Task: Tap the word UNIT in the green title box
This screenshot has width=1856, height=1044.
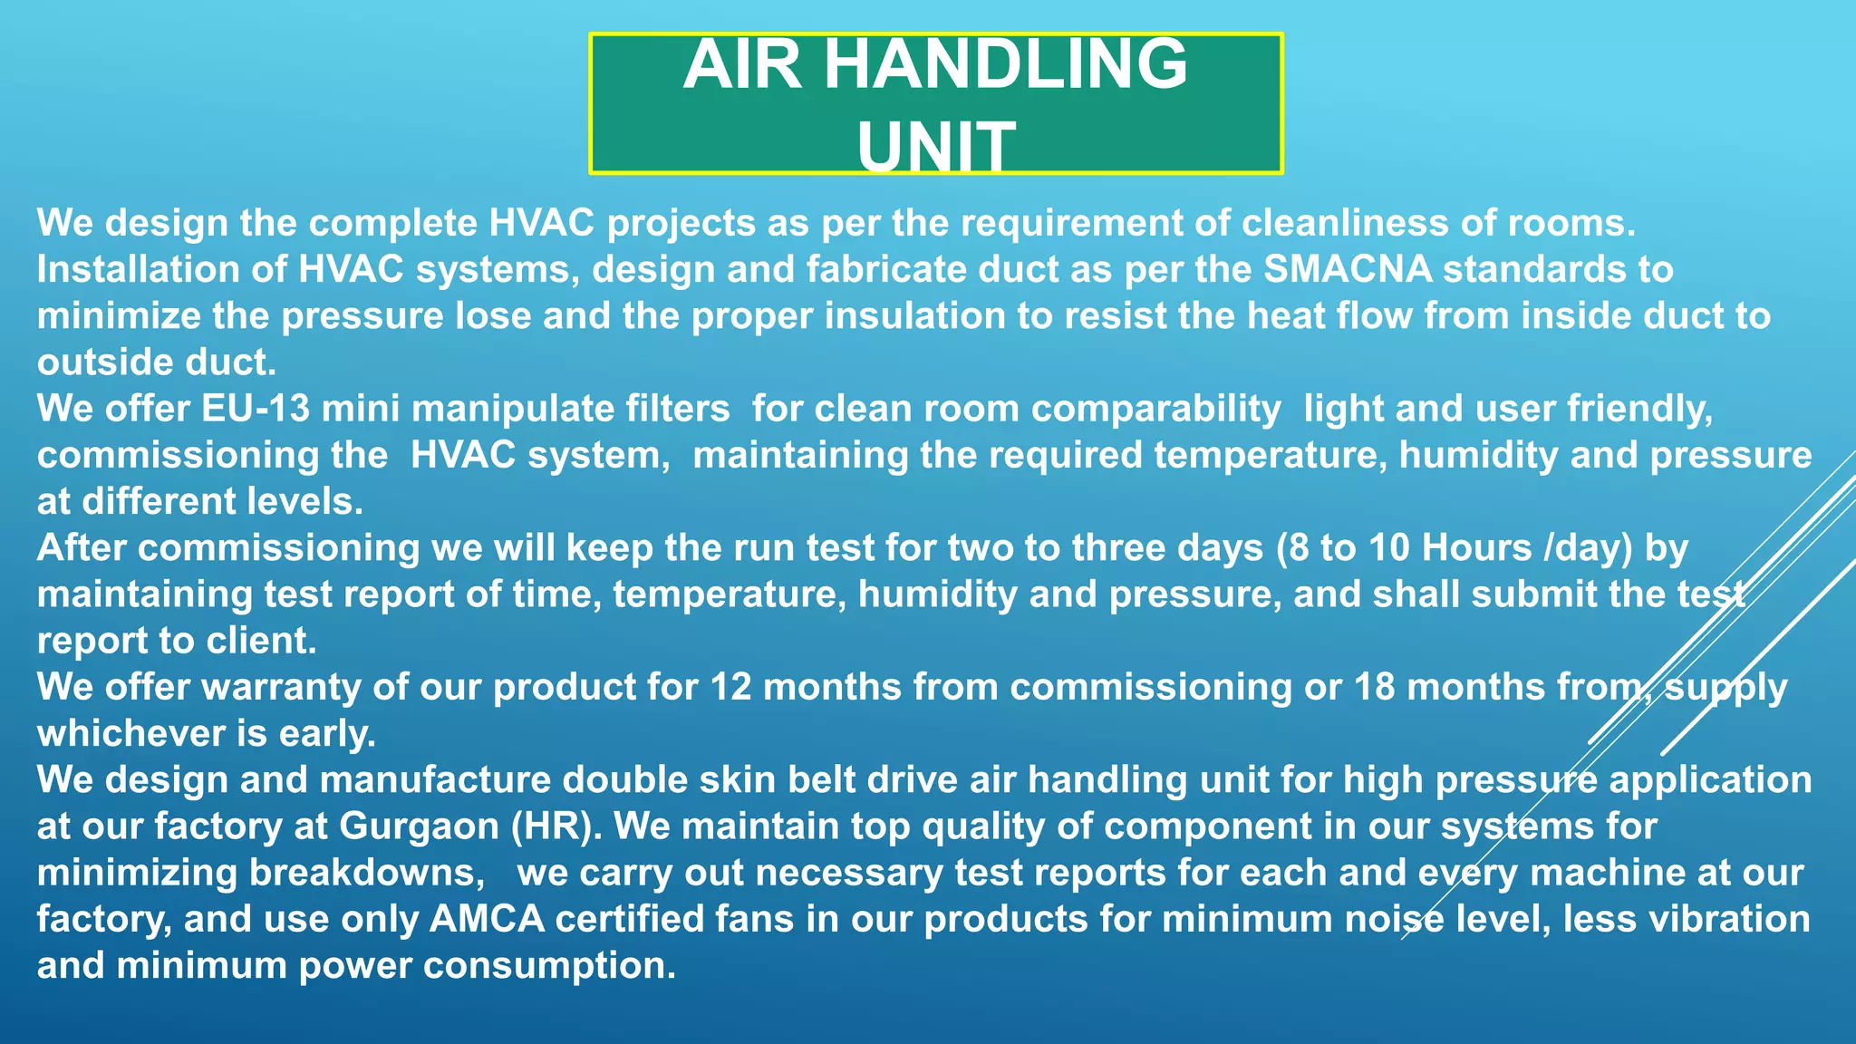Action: (x=935, y=146)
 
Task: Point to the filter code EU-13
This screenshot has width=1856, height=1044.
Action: (x=256, y=409)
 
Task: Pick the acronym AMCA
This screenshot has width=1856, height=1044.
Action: (x=487, y=919)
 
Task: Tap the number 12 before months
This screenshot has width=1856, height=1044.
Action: (x=731, y=687)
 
